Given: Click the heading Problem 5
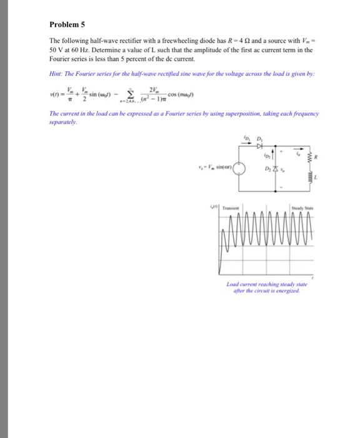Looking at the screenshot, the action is tap(68, 26).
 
